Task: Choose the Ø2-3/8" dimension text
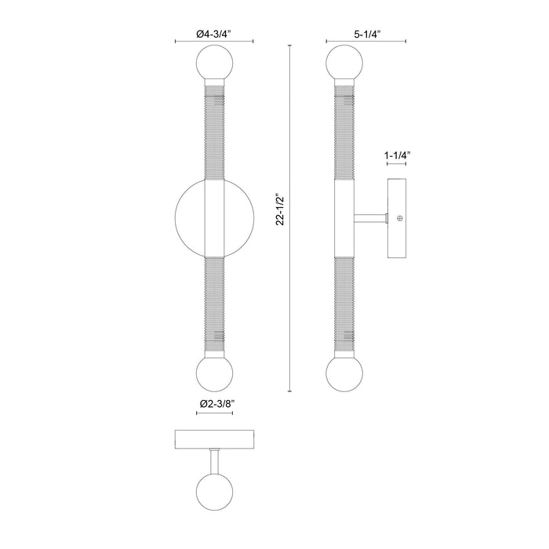(x=215, y=403)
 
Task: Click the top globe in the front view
(x=215, y=62)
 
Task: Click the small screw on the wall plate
(x=400, y=217)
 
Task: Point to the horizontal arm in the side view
(x=371, y=217)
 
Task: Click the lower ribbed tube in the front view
(x=215, y=306)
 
